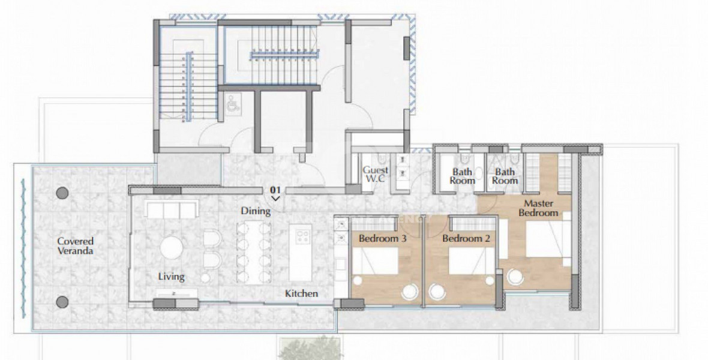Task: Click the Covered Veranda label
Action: coord(75,246)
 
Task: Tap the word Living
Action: coord(171,277)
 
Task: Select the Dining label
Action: coord(256,211)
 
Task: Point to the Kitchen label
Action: coord(301,293)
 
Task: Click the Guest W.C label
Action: coord(376,174)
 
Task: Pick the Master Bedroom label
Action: coord(538,208)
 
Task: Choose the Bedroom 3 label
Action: coord(382,238)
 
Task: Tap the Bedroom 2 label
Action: coord(466,238)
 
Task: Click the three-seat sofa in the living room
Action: coord(172,209)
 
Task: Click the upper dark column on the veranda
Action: coord(62,193)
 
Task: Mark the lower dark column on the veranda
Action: coord(62,302)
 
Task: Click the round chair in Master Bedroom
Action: coord(515,277)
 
